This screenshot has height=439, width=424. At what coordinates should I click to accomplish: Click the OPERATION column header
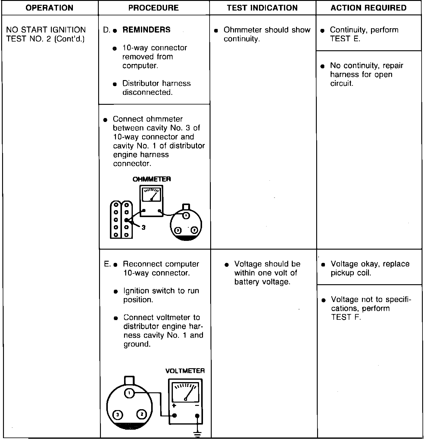coord(49,8)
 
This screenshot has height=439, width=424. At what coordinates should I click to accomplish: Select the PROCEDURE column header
coord(154,8)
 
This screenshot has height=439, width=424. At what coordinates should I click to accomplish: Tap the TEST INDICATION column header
coord(262,8)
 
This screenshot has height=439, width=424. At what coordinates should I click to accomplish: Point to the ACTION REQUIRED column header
coord(369,8)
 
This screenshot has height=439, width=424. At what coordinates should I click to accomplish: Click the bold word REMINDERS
coord(146,30)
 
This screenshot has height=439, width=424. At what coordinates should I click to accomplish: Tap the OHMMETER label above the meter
coord(152,179)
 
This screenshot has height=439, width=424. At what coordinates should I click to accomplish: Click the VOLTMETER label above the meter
coord(185,371)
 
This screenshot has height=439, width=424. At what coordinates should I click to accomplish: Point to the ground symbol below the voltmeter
coord(197,434)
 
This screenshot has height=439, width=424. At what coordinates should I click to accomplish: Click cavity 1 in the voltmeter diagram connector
coord(129,393)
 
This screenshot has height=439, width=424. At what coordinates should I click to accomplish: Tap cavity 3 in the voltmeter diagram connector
coord(117,415)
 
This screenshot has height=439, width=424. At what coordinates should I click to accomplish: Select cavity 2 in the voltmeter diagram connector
coord(142,415)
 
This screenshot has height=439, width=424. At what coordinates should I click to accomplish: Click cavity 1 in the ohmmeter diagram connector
coord(186,216)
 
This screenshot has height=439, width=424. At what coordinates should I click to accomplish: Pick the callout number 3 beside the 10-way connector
coord(143,228)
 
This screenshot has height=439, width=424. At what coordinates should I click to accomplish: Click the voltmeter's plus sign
coord(174,406)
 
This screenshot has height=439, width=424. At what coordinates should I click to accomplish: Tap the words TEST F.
coord(346,317)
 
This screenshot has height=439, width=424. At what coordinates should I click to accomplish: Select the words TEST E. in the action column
coord(345,39)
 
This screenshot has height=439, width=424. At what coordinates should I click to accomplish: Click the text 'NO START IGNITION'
coord(46,30)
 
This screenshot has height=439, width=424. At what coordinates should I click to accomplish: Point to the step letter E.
coord(107,264)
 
